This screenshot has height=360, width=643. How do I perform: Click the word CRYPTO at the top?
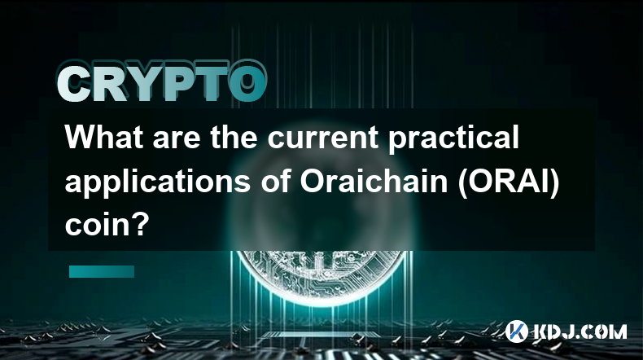click(x=162, y=81)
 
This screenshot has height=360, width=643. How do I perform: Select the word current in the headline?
click(x=323, y=138)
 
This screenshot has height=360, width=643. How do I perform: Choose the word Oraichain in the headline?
click(x=374, y=181)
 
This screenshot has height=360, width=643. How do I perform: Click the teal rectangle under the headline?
click(x=102, y=271)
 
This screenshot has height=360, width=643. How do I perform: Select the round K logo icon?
click(x=516, y=331)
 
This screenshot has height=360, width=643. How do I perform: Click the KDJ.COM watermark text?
click(x=580, y=331)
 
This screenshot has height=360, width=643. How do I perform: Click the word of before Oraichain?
click(x=275, y=181)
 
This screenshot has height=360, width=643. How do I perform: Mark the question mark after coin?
click(x=142, y=224)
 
